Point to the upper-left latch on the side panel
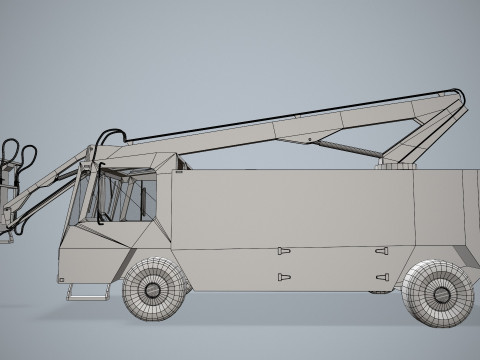pyautogui.click(x=284, y=249)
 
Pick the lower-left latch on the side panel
pyautogui.click(x=284, y=276)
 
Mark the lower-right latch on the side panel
pyautogui.click(x=381, y=277)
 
